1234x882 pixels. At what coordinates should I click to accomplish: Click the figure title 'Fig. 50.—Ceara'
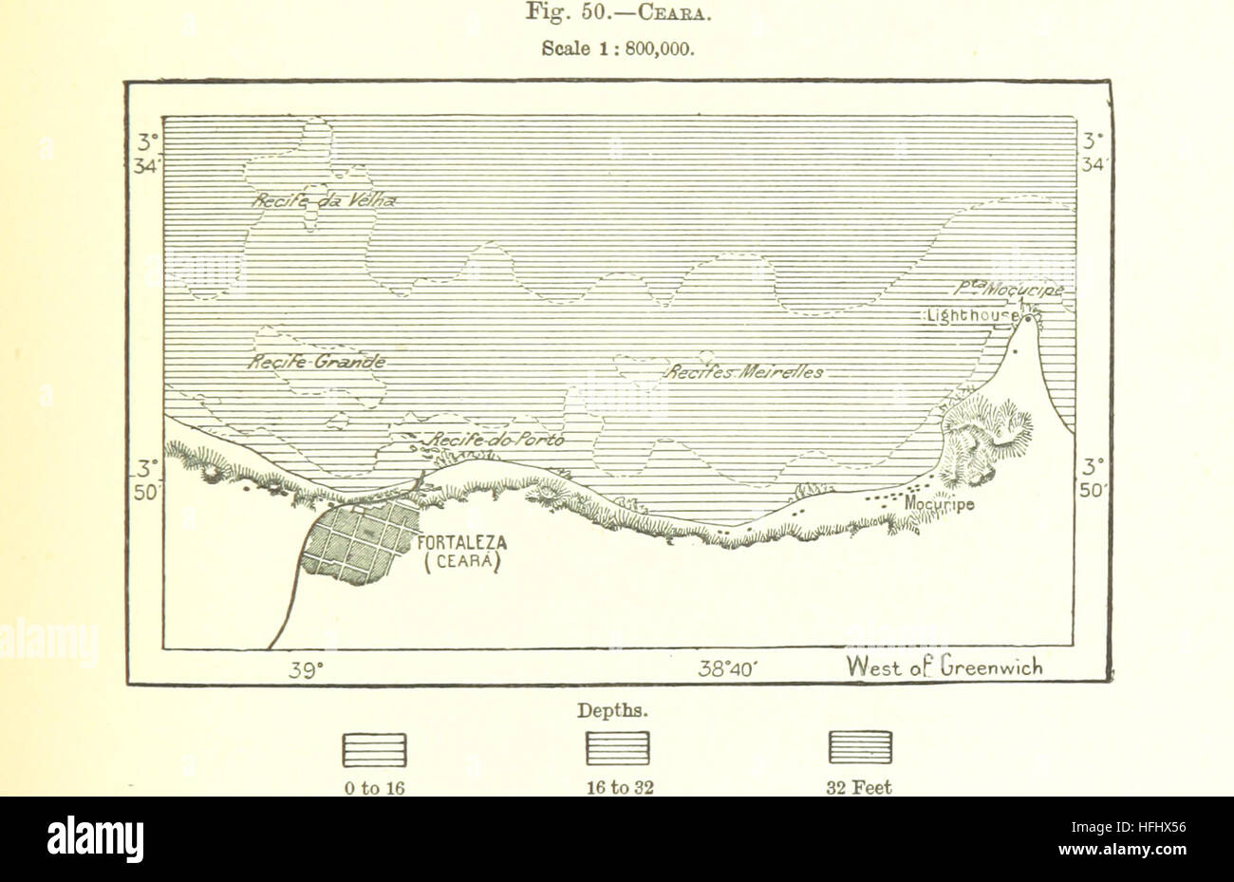(618, 14)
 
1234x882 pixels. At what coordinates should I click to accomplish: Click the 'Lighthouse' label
(970, 316)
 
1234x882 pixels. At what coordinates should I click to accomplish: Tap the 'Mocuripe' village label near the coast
(940, 504)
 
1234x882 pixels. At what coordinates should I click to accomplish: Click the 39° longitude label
(307, 668)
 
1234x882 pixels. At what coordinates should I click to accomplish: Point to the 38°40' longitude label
(726, 668)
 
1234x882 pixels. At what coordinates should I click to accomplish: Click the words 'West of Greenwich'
(945, 667)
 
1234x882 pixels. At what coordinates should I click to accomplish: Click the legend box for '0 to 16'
(373, 750)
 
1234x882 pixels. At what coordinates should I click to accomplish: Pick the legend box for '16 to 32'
(618, 750)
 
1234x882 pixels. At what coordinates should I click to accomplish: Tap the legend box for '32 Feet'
(861, 750)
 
